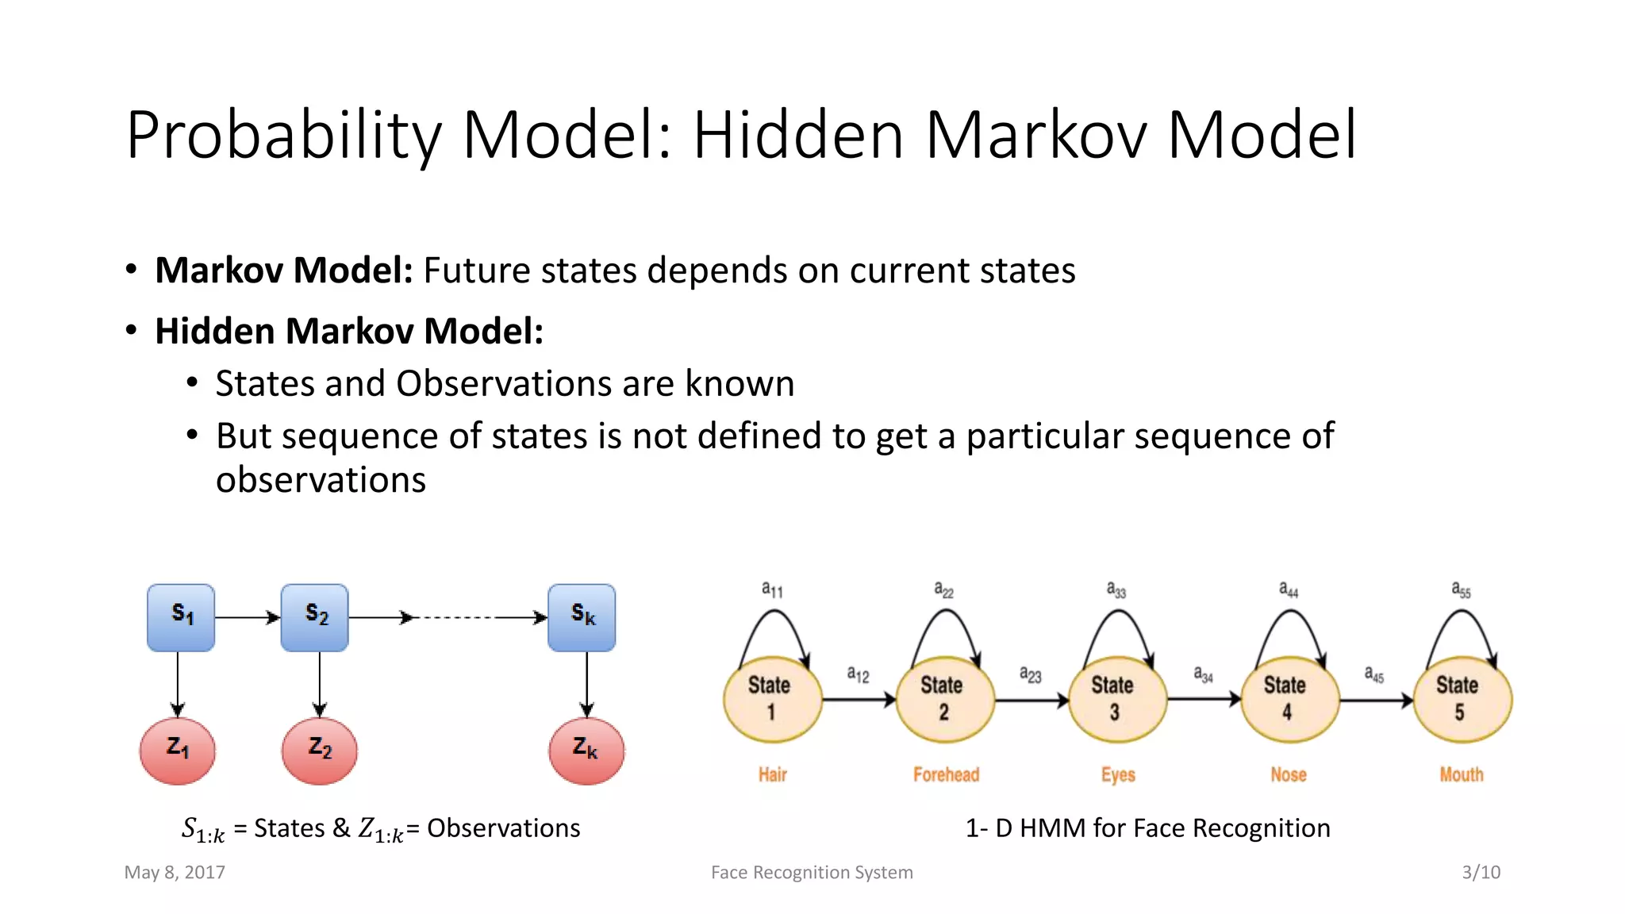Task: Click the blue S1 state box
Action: coord(181,617)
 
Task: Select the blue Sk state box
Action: coord(582,617)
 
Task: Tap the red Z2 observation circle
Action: coord(320,751)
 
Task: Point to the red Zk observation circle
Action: coord(586,751)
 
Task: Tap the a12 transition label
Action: coord(858,675)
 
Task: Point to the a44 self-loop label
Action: coord(1289,589)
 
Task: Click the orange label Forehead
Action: coord(946,774)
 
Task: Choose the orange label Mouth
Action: coord(1462,774)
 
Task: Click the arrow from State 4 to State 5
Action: coord(1376,700)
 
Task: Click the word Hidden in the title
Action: coord(798,135)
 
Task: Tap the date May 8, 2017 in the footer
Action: coord(175,873)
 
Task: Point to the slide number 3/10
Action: coord(1481,873)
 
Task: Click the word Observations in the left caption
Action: coord(503,828)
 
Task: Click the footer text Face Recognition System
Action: coord(812,873)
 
